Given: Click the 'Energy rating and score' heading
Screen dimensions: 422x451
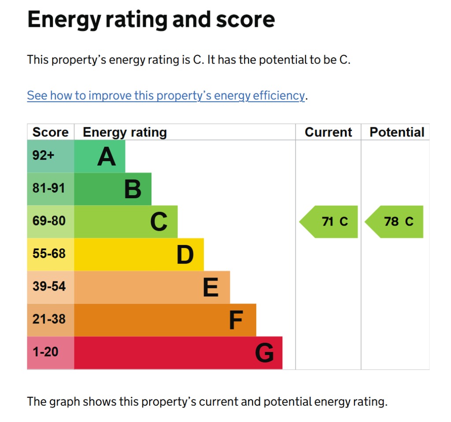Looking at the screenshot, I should [151, 20].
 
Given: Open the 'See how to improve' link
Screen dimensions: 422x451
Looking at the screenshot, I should [166, 96].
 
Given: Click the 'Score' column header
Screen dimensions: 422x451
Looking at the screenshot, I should [50, 132].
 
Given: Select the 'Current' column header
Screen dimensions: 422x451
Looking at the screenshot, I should [328, 132].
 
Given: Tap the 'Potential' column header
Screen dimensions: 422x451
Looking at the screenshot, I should [396, 132].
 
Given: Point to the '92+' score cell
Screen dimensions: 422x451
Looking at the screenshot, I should [44, 155].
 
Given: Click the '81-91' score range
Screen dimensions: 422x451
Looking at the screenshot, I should [48, 188].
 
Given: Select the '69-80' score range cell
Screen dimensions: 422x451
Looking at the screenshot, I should [48, 221].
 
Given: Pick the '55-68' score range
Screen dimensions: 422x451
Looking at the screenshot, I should [48, 254].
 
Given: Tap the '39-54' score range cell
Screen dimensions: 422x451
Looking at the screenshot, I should [48, 286].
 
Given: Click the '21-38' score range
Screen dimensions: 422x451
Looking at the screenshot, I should [48, 319].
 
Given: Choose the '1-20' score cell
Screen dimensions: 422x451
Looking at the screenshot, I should [45, 352].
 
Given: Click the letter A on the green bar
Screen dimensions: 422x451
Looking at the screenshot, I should [107, 156].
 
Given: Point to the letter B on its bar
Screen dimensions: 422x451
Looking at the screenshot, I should [133, 189].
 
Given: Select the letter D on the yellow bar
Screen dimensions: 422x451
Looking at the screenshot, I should [185, 255].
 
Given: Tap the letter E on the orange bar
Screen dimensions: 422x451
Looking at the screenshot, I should [211, 288].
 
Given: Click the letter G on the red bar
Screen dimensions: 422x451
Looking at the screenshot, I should [264, 353].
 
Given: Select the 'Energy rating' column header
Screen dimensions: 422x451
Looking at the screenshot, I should [125, 132].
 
